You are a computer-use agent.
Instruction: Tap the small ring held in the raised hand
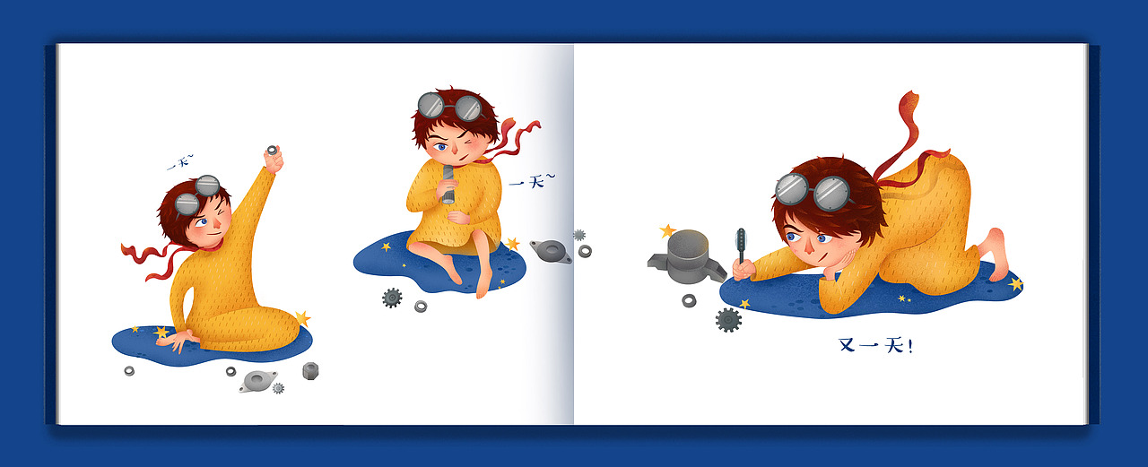(x=272, y=150)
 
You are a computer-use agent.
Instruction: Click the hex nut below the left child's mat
(x=310, y=371)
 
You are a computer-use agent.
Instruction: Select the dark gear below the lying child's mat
(x=728, y=320)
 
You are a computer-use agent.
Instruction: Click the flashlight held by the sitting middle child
(x=448, y=185)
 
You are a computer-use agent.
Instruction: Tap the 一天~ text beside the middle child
(x=532, y=181)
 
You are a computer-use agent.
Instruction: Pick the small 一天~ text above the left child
(x=180, y=162)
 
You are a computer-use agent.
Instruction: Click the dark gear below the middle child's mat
(x=392, y=298)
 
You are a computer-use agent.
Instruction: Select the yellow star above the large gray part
(x=666, y=231)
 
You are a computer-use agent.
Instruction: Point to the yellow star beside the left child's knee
(x=302, y=318)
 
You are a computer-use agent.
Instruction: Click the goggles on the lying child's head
(x=813, y=191)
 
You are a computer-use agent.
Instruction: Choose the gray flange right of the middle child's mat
(x=551, y=251)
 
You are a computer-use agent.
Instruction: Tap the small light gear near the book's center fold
(x=579, y=235)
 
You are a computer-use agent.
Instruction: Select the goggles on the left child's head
(x=197, y=195)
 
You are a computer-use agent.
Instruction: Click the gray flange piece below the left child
(x=257, y=381)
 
